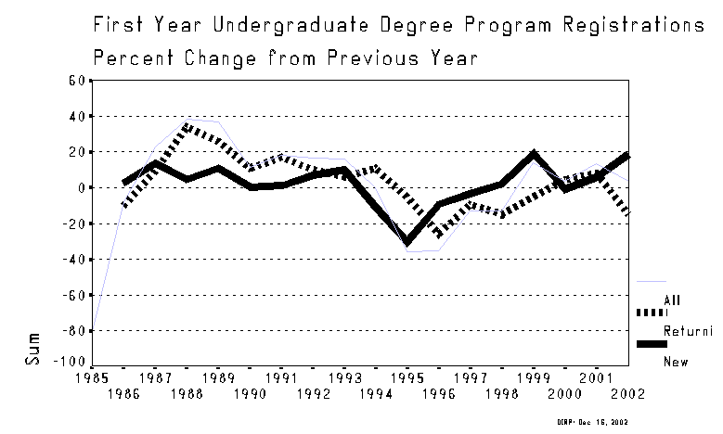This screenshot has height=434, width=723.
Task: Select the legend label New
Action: coord(673,362)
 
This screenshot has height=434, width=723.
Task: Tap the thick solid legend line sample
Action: coord(652,345)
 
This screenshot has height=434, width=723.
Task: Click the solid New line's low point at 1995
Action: coord(407,242)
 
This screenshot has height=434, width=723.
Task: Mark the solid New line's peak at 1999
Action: coord(533,154)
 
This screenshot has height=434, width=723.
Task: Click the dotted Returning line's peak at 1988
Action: coord(187,125)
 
